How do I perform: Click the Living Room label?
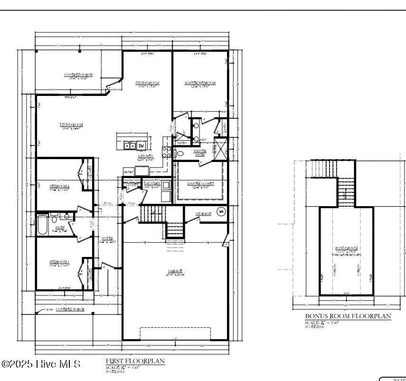pos(72,124)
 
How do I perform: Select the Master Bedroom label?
pos(200,83)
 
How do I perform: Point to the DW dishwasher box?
pos(142,145)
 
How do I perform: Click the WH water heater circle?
pos(221,211)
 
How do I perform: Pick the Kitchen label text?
pos(145,156)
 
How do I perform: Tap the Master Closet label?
pos(200,183)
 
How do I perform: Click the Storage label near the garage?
pos(204,214)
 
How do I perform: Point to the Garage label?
pos(175,271)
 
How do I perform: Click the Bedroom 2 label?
pos(60,186)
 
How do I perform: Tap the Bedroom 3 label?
pos(60,262)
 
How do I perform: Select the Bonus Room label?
pos(347,248)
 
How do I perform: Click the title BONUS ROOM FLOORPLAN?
pos(348,316)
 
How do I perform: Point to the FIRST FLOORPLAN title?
pos(135,361)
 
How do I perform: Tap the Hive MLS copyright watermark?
pos(41,364)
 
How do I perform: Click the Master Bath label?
pos(199,152)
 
